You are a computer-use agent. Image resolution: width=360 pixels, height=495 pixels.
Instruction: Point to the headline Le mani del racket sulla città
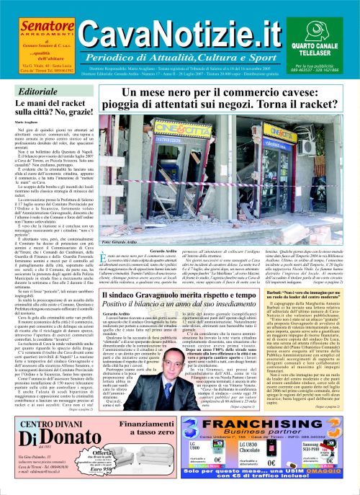[45, 112]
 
